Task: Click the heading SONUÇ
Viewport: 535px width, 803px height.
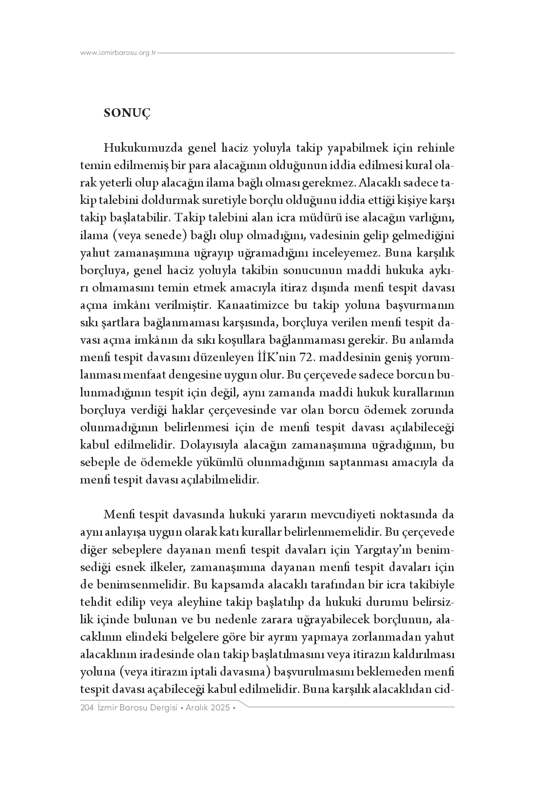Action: pos(127,113)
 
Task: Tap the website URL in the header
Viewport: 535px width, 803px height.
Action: pos(118,53)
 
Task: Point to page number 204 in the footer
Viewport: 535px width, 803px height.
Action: pos(87,708)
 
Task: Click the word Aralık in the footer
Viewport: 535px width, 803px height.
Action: pos(199,708)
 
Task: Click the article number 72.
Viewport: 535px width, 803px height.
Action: pos(306,358)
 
